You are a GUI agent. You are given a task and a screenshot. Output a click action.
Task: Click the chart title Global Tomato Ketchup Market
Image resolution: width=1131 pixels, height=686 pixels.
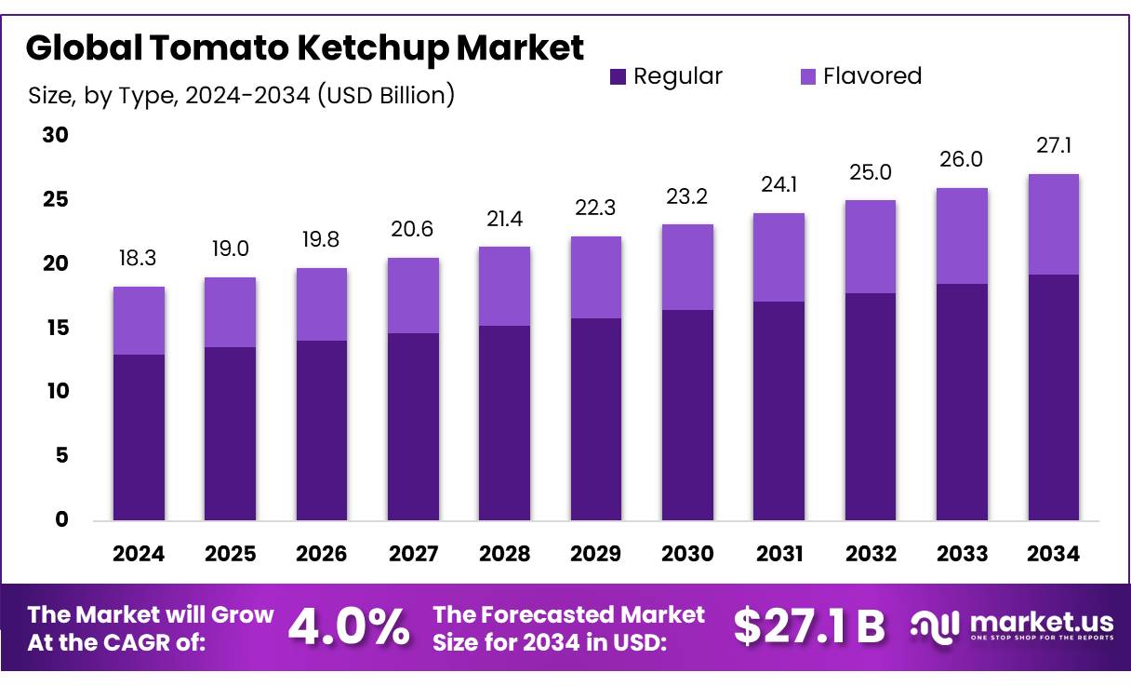pos(305,48)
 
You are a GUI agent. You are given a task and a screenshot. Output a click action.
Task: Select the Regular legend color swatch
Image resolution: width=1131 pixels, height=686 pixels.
pos(618,76)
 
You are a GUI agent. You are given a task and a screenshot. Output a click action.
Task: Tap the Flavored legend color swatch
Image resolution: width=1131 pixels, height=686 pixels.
pos(807,76)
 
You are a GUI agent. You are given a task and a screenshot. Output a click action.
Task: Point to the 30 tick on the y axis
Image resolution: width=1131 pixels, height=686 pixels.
pos(56,136)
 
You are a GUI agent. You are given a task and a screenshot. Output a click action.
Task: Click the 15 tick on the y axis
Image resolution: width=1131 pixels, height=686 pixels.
pos(56,328)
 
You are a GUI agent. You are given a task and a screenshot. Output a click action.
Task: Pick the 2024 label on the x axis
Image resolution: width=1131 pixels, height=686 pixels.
pos(139,555)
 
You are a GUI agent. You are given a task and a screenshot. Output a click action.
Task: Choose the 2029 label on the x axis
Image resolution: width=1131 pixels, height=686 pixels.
pos(596,555)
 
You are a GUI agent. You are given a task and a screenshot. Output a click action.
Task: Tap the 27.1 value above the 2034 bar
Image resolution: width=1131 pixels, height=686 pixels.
pos(1054,147)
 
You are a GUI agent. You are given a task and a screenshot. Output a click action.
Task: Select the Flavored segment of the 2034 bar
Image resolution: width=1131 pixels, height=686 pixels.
pos(1054,224)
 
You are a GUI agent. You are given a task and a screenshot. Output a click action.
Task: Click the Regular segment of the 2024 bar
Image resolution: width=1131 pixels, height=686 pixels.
pos(139,437)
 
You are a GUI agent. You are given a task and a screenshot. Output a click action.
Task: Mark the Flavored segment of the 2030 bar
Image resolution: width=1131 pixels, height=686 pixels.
pos(687,267)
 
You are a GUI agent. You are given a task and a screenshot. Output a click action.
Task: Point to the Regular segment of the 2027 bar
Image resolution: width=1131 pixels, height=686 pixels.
pos(413,426)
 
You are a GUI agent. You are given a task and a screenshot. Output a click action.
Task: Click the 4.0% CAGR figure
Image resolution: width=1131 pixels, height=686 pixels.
pos(349,627)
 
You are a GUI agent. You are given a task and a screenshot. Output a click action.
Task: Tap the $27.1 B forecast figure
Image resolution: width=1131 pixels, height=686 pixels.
pos(808,627)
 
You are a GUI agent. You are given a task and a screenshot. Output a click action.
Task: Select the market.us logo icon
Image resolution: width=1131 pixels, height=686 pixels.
pos(934,627)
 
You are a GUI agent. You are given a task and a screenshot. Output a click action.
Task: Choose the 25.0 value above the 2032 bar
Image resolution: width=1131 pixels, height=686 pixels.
pos(871,173)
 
